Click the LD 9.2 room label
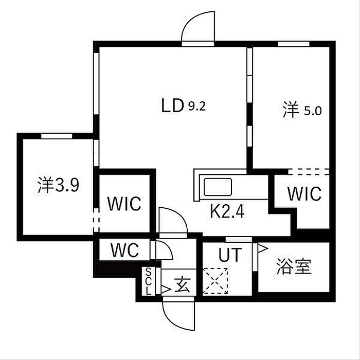(184, 105)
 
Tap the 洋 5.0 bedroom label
(302, 110)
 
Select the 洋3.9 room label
(58, 185)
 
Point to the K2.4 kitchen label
(227, 212)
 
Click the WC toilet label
(125, 250)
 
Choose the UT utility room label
(230, 255)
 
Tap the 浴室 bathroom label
(294, 266)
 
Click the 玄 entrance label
(183, 285)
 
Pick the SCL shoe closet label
(149, 281)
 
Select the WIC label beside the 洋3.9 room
(124, 204)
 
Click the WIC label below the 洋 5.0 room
(304, 194)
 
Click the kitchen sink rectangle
(218, 187)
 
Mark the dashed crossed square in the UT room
(215, 281)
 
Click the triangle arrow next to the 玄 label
(166, 290)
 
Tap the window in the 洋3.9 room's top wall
(57, 136)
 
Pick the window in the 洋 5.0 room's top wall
(294, 44)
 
